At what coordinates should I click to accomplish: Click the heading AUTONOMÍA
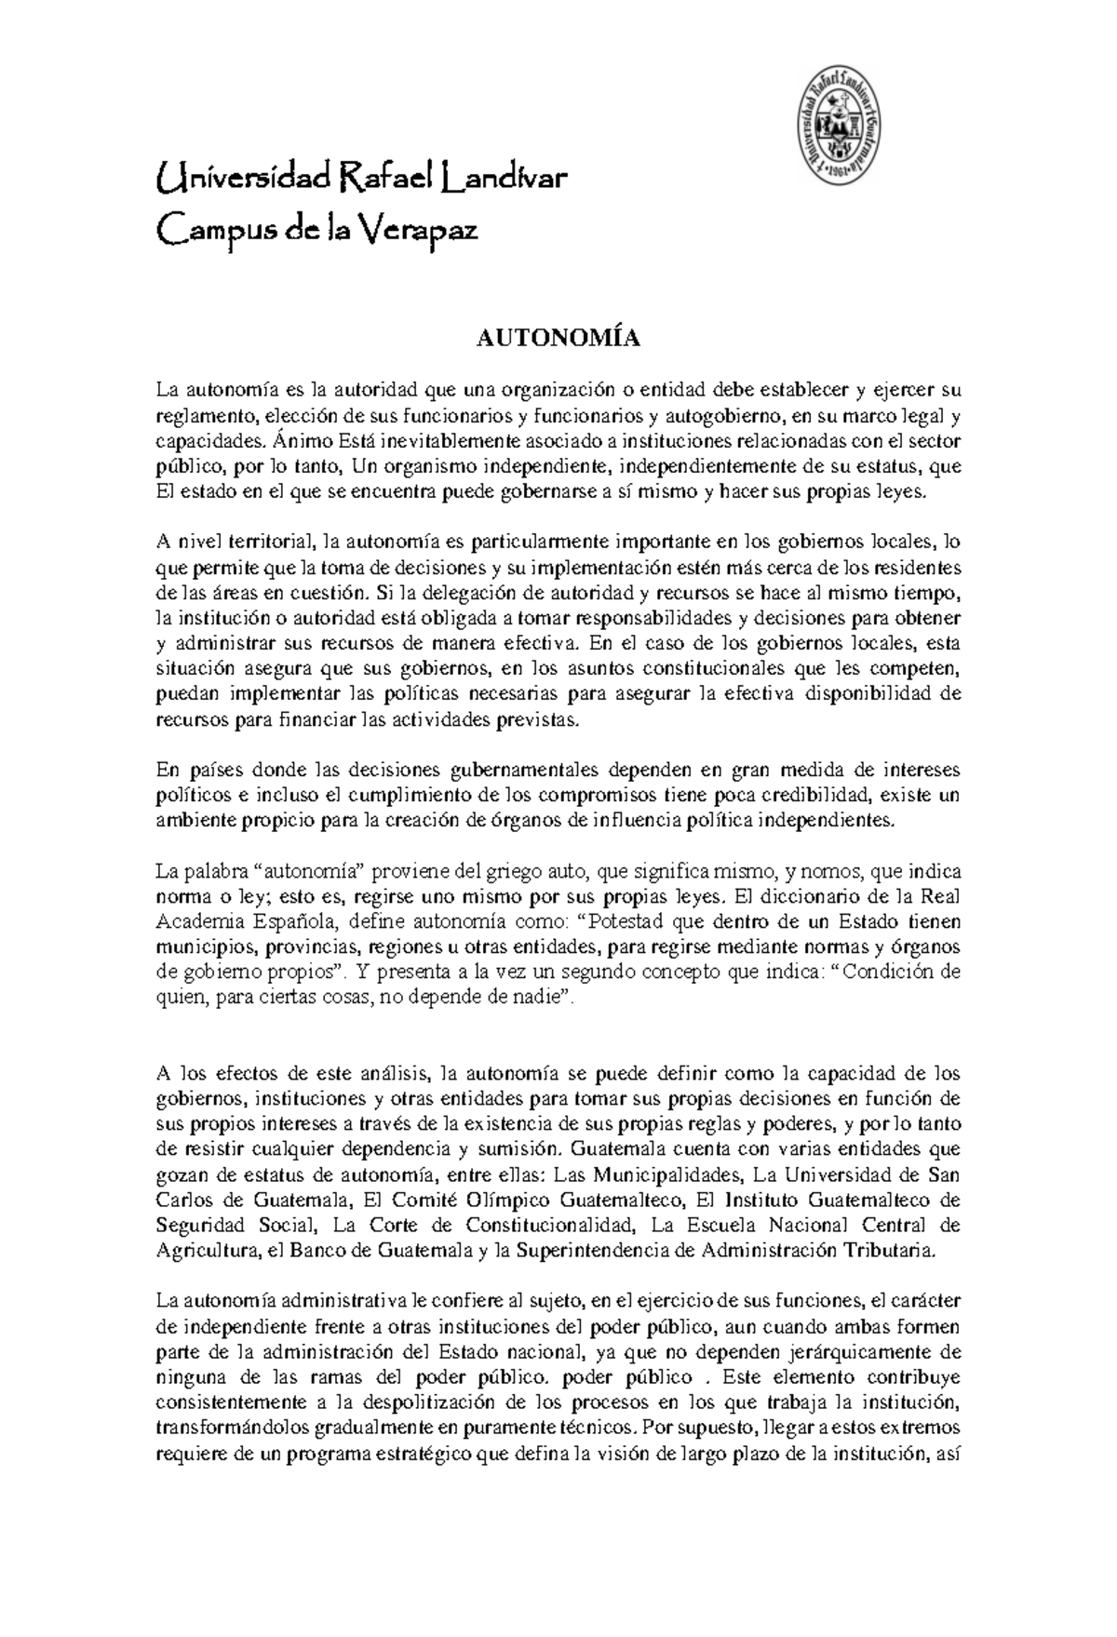point(558,339)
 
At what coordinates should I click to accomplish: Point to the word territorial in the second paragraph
point(262,542)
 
